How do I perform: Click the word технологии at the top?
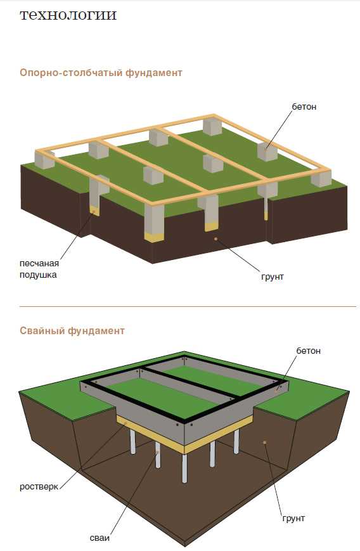(x=68, y=15)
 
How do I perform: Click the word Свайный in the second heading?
(x=42, y=331)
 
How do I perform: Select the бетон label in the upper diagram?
(x=304, y=107)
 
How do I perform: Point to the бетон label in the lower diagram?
(x=309, y=351)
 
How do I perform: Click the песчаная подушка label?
(x=39, y=269)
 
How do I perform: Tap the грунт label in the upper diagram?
(x=273, y=276)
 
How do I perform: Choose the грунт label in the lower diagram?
(x=293, y=518)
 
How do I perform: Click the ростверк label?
(x=39, y=487)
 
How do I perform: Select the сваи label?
(x=100, y=538)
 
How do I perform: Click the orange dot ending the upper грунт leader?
(x=216, y=239)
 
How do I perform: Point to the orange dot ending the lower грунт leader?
(x=264, y=442)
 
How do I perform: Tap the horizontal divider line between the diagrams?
(x=188, y=306)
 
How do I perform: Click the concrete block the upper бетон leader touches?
(x=267, y=152)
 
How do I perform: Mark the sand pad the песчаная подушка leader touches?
(x=93, y=210)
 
